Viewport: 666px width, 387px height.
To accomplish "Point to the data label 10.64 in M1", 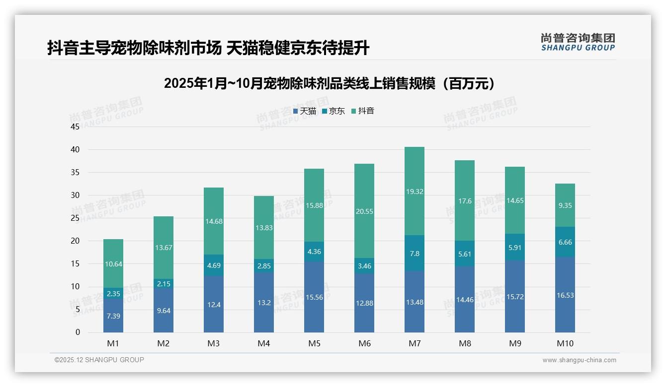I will [x=113, y=264].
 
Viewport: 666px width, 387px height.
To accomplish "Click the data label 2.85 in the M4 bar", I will [x=264, y=266].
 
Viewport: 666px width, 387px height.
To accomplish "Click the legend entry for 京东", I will [x=333, y=111].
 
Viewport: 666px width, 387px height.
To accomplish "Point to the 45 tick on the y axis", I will [x=75, y=127].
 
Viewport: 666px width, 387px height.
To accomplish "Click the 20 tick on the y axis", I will [x=75, y=241].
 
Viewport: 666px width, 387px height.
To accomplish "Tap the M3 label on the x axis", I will [x=214, y=343].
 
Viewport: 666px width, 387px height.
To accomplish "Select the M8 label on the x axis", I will [x=465, y=343].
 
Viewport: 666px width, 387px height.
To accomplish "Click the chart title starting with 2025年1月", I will [x=331, y=83].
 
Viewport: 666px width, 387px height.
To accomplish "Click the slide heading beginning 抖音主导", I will [x=208, y=48].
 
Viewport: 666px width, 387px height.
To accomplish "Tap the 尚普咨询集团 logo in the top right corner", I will [x=578, y=42].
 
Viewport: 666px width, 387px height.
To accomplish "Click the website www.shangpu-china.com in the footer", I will [x=579, y=360].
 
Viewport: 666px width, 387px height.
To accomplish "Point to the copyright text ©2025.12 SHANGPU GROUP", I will [x=99, y=360].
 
